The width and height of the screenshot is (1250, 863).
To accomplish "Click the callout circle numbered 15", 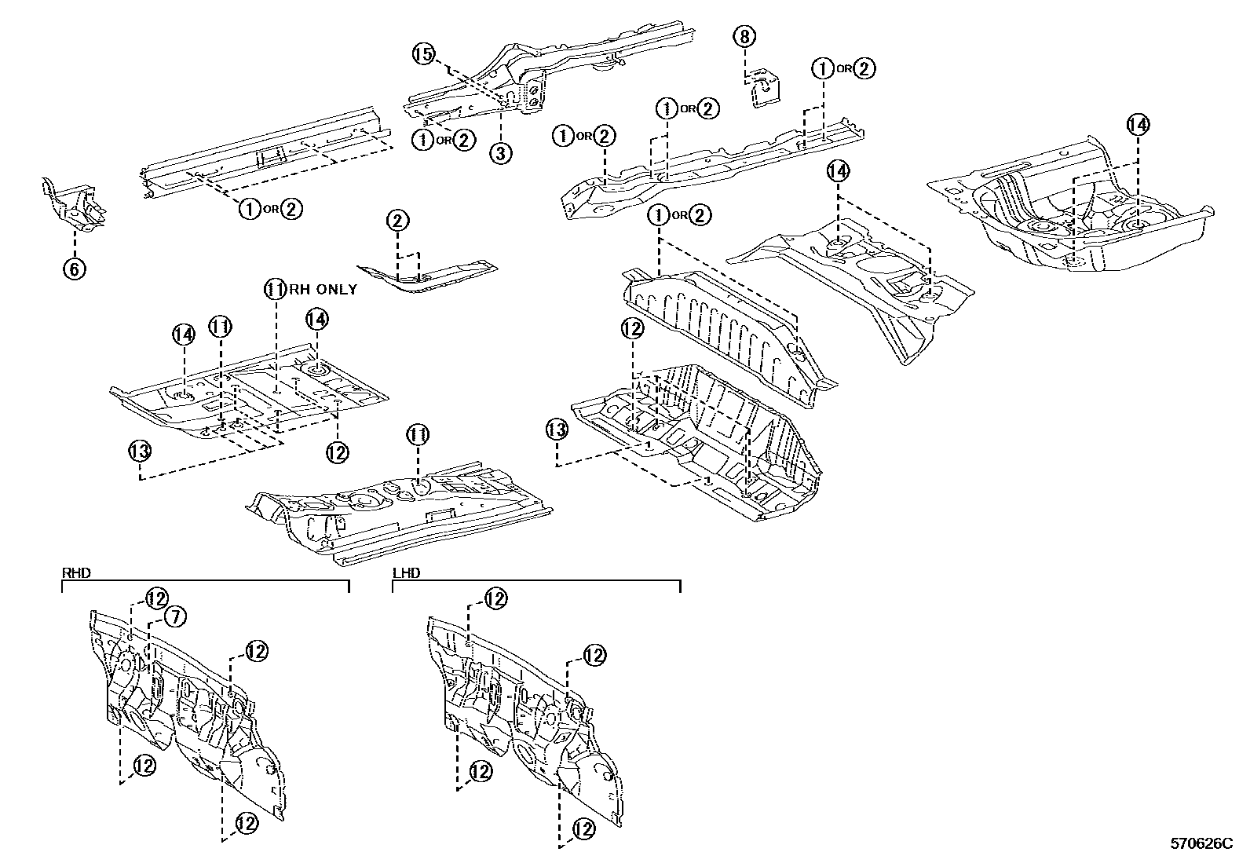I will click(x=422, y=54).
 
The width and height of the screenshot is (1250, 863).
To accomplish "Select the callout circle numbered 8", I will click(x=744, y=35).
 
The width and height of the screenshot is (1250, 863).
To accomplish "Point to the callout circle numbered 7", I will click(x=175, y=617).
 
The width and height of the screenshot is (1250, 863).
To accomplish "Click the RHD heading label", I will click(x=76, y=573).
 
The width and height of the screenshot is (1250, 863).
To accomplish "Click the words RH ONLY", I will click(x=323, y=289).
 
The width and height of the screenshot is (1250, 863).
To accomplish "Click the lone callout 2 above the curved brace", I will click(x=398, y=221).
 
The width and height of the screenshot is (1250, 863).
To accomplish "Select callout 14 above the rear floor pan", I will click(x=1138, y=124).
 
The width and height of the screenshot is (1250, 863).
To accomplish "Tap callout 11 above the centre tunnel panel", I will click(x=417, y=433).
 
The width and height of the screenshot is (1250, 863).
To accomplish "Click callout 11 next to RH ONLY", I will click(x=274, y=289).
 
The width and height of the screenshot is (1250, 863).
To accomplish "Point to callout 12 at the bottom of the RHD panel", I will click(x=247, y=823).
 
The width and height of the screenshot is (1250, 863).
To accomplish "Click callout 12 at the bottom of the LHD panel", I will click(x=583, y=828).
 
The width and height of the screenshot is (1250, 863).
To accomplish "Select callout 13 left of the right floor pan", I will click(x=557, y=430).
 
